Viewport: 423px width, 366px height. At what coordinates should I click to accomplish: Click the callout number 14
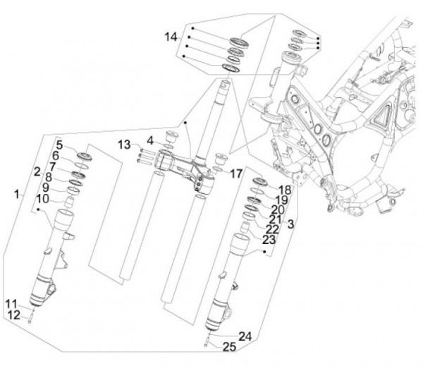click(171, 37)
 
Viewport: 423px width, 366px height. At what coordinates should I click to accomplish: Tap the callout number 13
click(124, 145)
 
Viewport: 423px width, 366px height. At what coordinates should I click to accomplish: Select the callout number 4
click(150, 140)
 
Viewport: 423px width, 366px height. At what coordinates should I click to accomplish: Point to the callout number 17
click(236, 173)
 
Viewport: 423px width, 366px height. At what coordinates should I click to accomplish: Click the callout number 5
click(59, 145)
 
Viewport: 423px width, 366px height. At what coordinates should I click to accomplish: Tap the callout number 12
click(14, 315)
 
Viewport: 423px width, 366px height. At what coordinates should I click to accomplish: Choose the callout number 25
click(229, 347)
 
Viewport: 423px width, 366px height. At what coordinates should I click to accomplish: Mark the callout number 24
click(245, 336)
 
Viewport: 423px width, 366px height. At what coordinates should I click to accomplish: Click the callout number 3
click(290, 224)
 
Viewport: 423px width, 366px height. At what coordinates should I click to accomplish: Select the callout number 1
click(17, 195)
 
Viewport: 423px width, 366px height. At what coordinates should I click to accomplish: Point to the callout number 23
click(269, 240)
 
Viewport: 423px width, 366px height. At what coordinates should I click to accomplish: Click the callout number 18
click(285, 190)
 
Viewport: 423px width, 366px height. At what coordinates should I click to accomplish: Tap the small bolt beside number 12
click(30, 321)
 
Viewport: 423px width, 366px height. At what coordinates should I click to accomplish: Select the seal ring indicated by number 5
click(85, 157)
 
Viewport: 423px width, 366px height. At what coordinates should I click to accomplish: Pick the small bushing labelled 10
click(70, 202)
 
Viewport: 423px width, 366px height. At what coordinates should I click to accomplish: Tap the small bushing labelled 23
click(245, 228)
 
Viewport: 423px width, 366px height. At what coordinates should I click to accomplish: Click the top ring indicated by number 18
click(259, 181)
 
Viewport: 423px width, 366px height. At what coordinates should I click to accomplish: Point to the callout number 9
click(46, 188)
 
